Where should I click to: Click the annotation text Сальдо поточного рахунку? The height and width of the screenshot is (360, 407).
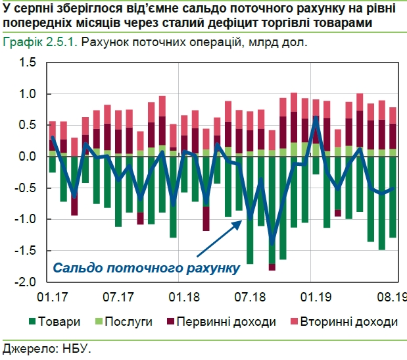pyautogui.click(x=145, y=268)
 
